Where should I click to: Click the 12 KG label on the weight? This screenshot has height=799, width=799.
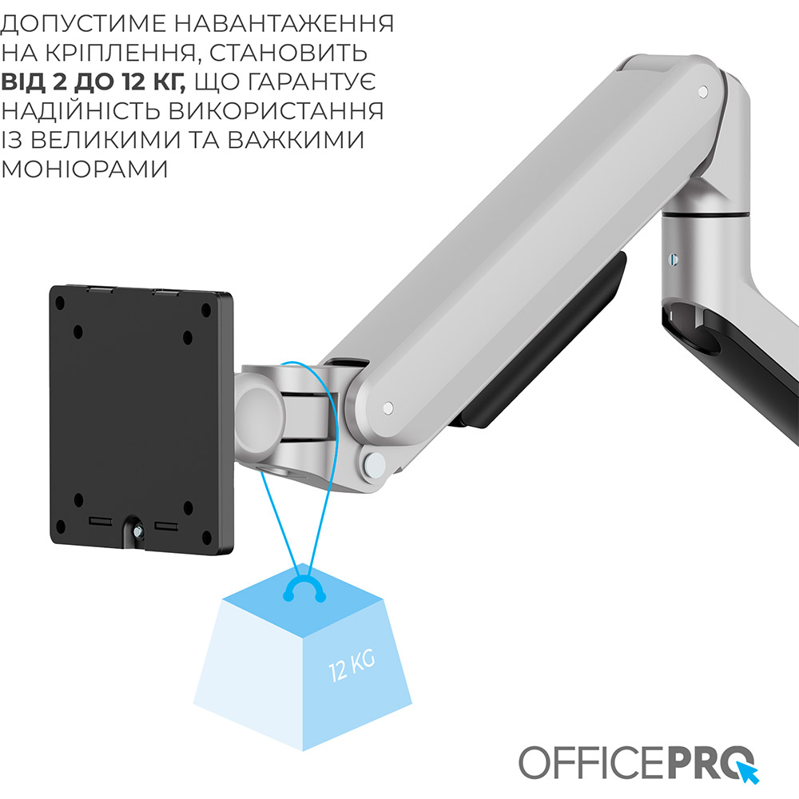[x=352, y=662]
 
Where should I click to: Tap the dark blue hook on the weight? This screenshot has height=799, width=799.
[x=304, y=590]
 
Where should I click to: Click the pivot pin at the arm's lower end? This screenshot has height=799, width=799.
[x=388, y=408]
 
